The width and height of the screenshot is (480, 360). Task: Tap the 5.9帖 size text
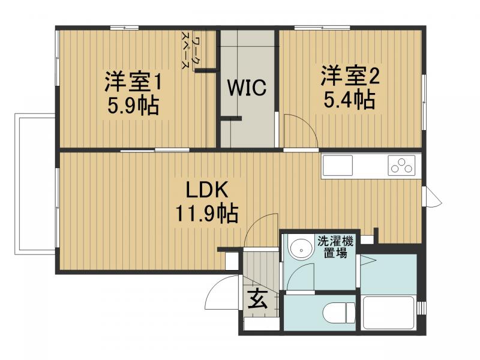[133, 106]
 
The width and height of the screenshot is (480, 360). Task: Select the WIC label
[246, 88]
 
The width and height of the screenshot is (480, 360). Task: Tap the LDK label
[206, 191]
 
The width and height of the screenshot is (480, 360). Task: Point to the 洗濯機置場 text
[334, 246]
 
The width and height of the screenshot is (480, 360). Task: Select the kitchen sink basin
[338, 165]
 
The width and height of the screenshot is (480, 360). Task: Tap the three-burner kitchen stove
[401, 164]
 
